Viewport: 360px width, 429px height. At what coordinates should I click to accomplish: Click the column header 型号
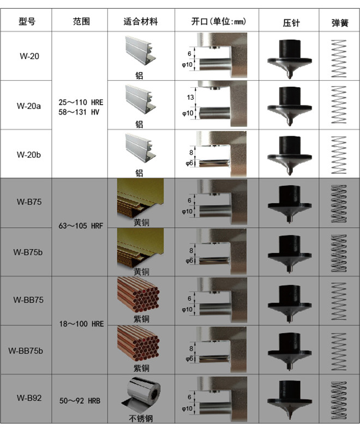27,21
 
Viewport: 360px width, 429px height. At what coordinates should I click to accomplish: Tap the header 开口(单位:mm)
219,21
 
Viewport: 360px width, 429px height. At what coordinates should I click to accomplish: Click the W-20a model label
29,106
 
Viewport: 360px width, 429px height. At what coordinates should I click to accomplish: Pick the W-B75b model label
28,252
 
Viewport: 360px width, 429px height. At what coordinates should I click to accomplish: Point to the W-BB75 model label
28,300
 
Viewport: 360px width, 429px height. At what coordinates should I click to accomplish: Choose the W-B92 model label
29,397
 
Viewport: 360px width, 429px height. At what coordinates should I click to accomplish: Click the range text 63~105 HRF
81,226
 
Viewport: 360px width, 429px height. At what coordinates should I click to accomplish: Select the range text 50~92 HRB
80,401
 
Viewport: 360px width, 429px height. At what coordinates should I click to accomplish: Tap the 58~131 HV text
79,112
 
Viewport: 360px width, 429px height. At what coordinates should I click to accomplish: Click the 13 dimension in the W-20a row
190,98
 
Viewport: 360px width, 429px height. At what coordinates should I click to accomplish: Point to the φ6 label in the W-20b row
189,164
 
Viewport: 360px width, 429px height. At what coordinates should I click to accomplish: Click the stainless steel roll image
141,395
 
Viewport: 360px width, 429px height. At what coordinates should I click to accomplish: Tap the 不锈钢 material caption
141,418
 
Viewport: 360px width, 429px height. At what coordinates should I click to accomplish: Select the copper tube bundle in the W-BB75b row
138,344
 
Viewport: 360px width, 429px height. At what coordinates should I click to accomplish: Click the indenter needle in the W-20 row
290,59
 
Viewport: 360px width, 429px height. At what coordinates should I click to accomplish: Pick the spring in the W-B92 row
339,400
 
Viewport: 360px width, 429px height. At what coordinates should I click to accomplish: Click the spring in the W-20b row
339,155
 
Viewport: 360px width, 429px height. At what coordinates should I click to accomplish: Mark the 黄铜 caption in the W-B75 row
141,222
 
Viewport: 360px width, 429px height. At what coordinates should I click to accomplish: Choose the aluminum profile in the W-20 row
140,51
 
